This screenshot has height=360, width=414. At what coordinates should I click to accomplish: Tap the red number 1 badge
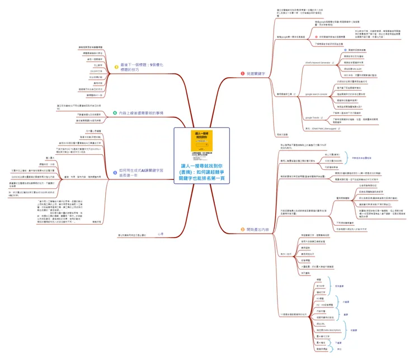click(x=242, y=73)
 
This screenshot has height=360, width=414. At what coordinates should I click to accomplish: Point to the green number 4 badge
click(x=114, y=113)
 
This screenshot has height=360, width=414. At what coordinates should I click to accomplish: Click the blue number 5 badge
click(x=114, y=173)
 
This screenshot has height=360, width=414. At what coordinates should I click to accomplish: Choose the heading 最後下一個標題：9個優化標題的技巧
click(x=139, y=68)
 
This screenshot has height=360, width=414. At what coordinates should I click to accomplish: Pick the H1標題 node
click(x=321, y=299)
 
